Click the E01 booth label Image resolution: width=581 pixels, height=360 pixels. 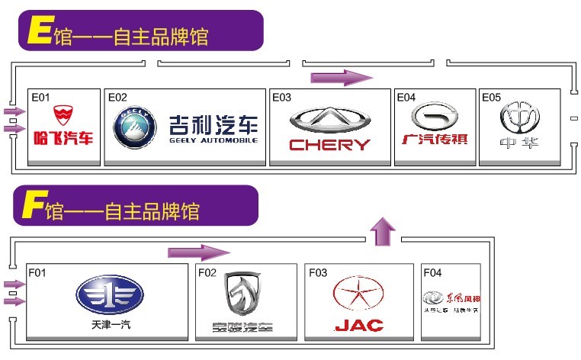click(40, 98)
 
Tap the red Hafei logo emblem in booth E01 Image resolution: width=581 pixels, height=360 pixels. click(63, 116)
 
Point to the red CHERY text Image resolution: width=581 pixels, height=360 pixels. click(330, 144)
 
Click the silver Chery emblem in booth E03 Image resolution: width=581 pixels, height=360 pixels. click(330, 119)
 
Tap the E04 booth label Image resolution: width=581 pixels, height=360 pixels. click(406, 98)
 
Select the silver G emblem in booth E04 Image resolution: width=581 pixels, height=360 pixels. click(435, 116)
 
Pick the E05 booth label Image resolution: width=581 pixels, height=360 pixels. click(491, 98)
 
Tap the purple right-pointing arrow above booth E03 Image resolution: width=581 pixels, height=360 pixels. click(341, 77)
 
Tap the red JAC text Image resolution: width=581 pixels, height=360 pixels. click(358, 326)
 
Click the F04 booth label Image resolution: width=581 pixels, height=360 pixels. click(432, 272)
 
